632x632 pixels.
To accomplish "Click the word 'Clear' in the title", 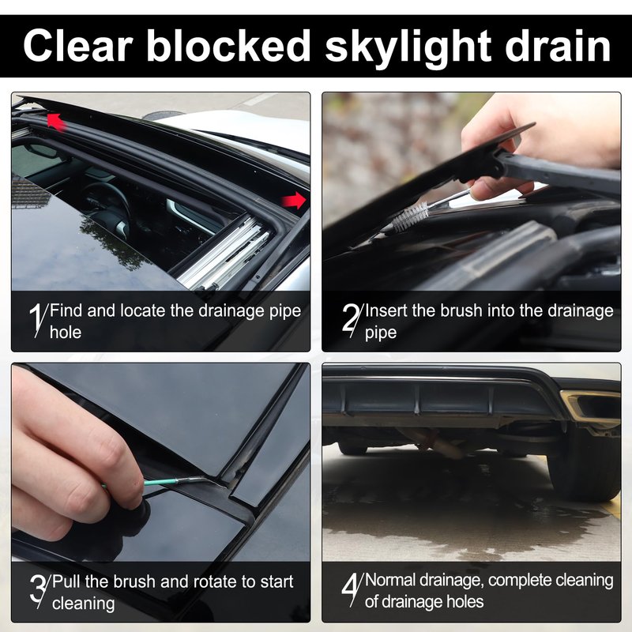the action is pyautogui.click(x=78, y=46).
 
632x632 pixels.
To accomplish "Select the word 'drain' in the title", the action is pyautogui.click(x=558, y=46).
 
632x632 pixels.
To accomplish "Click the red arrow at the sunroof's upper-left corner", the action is pyautogui.click(x=55, y=122).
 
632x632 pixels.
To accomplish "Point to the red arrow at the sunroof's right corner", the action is pyautogui.click(x=294, y=201).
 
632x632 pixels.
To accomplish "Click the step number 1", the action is pyautogui.click(x=37, y=321).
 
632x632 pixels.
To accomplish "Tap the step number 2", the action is pyautogui.click(x=351, y=321).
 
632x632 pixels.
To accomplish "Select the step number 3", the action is pyautogui.click(x=39, y=591).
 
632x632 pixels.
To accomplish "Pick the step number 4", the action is pyautogui.click(x=351, y=589).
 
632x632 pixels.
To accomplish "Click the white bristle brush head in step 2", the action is pyautogui.click(x=410, y=216).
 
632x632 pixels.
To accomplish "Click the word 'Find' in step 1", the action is pyautogui.click(x=66, y=310).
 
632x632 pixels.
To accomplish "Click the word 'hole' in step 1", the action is pyautogui.click(x=66, y=332).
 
